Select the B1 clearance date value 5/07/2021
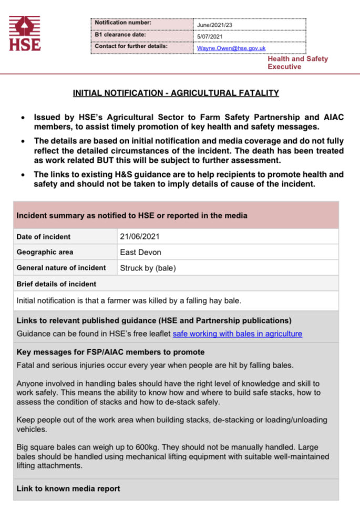pos(211,37)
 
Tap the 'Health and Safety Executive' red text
pos(297,62)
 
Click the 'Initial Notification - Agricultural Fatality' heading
pos(176,93)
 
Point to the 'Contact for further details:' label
pos(131,47)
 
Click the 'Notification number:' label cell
pos(123,23)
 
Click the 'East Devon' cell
pos(140,252)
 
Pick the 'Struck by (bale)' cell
pos(148,268)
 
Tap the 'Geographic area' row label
pos(45,252)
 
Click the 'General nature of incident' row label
pos(61,268)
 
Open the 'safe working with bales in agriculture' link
pos(237,333)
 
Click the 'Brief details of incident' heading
pos(56,284)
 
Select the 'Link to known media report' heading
pos(68,488)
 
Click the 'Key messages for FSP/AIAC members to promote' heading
pos(110,352)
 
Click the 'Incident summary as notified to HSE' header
pos(132,216)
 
